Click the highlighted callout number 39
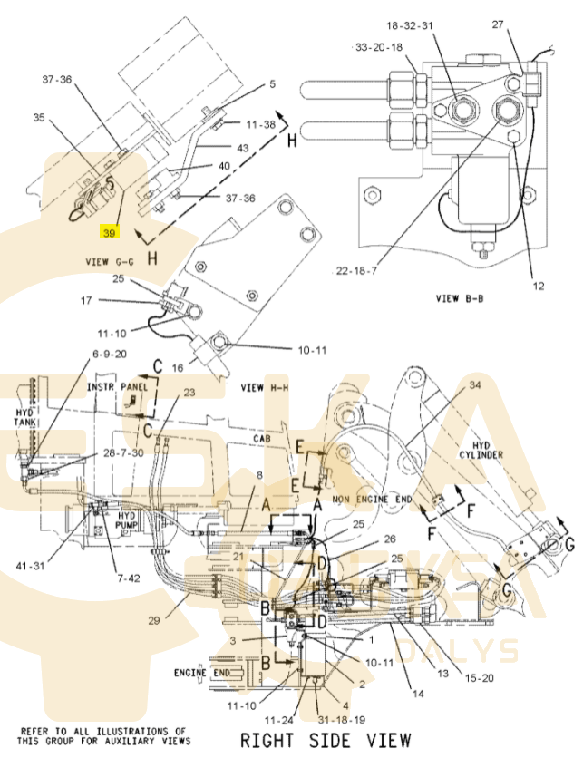pos(110,233)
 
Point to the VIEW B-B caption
pos(465,298)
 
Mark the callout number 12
pos(538,287)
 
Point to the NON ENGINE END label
pos(372,499)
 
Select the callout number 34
pos(475,385)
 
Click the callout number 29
pos(153,619)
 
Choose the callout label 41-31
pos(29,566)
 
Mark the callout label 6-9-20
pos(109,354)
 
